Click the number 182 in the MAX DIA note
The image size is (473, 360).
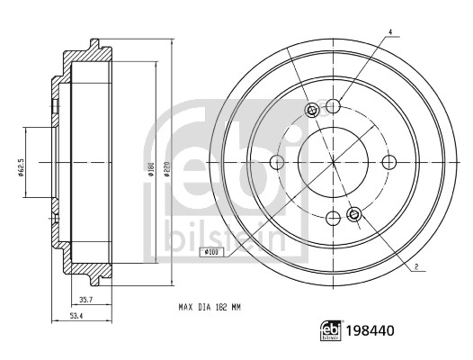(219, 308)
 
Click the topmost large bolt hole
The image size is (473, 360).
(333, 106)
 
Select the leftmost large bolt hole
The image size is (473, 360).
(277, 162)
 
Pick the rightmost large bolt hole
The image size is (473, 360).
(389, 162)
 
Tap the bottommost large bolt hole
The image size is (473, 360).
(333, 218)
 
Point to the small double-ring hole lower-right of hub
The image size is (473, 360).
(353, 214)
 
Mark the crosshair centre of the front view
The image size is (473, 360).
(333, 162)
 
